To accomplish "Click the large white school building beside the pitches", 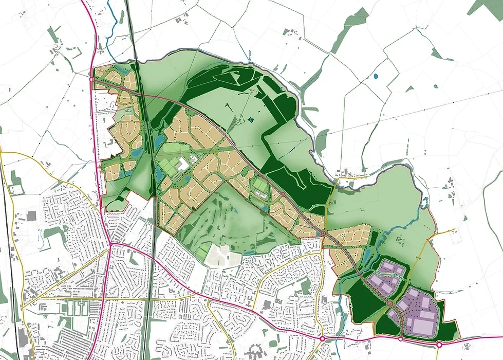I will pos(183,165).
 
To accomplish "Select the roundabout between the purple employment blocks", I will pos(390,303).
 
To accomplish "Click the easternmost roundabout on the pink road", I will pos(439,345).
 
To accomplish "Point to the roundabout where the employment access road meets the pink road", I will pos(401,339).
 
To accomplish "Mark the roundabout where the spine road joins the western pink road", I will pos(92,80).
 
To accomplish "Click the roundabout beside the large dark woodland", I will pos(283,194).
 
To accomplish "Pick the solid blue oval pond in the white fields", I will pos(376,77).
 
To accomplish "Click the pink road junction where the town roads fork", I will pos(110,244).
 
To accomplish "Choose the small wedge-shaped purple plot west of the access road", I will pos(393,313).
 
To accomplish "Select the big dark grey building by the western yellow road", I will pos(31,215).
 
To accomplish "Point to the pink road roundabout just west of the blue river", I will pos(322,338).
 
